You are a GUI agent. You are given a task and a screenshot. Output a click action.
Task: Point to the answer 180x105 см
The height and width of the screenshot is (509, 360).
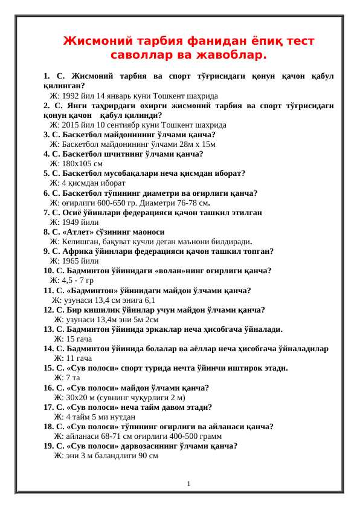click(x=76, y=163)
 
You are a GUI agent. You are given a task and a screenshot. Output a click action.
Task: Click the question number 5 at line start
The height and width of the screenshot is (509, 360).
click(x=47, y=173)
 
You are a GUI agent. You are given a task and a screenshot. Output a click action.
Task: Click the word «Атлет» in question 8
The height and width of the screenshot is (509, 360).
click(x=82, y=232)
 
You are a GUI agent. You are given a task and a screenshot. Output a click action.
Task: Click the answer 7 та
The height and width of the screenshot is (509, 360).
click(x=67, y=378)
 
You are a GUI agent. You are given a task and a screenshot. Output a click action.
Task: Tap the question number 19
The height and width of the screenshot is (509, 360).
click(x=49, y=446)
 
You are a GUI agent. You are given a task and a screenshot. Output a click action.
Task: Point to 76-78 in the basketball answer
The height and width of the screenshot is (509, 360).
click(x=183, y=203)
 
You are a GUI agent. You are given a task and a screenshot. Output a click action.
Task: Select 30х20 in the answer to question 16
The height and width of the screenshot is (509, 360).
click(x=66, y=398)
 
